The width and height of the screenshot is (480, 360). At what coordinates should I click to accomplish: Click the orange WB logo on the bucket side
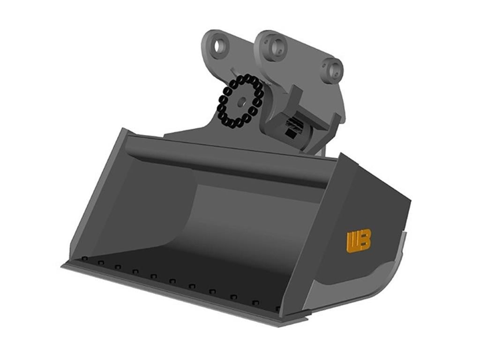point(359,241)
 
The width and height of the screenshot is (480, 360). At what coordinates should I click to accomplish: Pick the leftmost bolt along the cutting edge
point(85,259)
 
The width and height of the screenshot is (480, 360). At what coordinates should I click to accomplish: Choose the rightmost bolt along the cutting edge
point(277,309)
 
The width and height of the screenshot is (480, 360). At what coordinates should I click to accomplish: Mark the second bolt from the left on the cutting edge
point(101,262)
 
